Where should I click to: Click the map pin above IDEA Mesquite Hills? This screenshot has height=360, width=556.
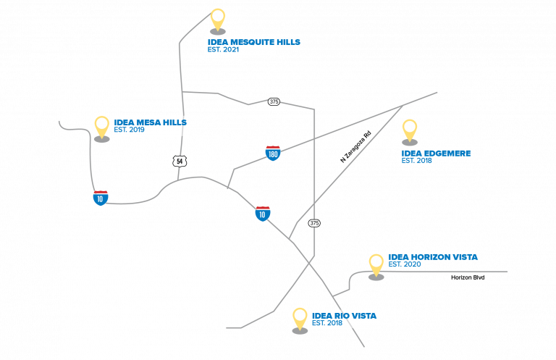[x=217, y=20]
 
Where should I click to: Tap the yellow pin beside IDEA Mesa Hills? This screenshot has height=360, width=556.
[x=101, y=127]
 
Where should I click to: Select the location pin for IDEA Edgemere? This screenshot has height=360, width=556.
[x=410, y=130]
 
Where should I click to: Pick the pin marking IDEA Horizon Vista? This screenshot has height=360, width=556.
[x=376, y=264]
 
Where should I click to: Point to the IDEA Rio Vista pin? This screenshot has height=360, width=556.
[x=300, y=319]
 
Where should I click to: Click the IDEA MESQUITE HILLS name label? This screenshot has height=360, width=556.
[x=253, y=42]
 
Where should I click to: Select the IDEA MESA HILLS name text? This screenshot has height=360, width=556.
[x=150, y=122]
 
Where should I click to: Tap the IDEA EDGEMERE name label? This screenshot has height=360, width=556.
[x=437, y=154]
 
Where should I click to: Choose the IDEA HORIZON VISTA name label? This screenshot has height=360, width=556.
[x=433, y=257]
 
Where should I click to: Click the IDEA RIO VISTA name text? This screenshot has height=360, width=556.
[x=344, y=316]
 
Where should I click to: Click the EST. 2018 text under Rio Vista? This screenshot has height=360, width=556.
[x=327, y=323]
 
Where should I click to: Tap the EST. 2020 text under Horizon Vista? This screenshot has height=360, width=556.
[x=405, y=265]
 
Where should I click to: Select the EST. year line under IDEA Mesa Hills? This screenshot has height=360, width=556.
[x=129, y=130]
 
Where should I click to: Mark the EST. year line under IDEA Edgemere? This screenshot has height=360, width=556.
[x=417, y=161]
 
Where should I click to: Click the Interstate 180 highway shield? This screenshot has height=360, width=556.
[x=273, y=153]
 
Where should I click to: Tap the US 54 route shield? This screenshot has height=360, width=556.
[x=180, y=161]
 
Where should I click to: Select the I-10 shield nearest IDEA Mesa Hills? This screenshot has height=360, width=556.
[x=101, y=198]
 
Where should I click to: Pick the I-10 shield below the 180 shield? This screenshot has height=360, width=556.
[x=263, y=214]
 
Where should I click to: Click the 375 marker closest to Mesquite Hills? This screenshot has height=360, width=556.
[x=273, y=101]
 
